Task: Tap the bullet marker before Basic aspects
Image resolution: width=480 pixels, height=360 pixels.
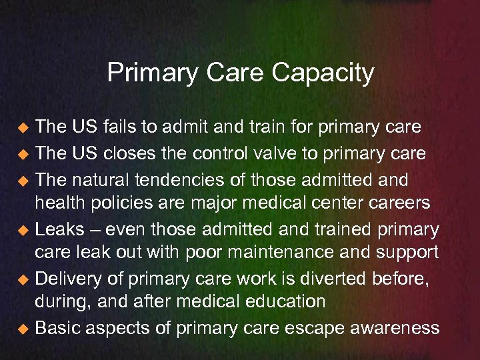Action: pos(23,329)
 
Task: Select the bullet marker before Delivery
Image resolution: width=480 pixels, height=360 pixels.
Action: pos(23,278)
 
